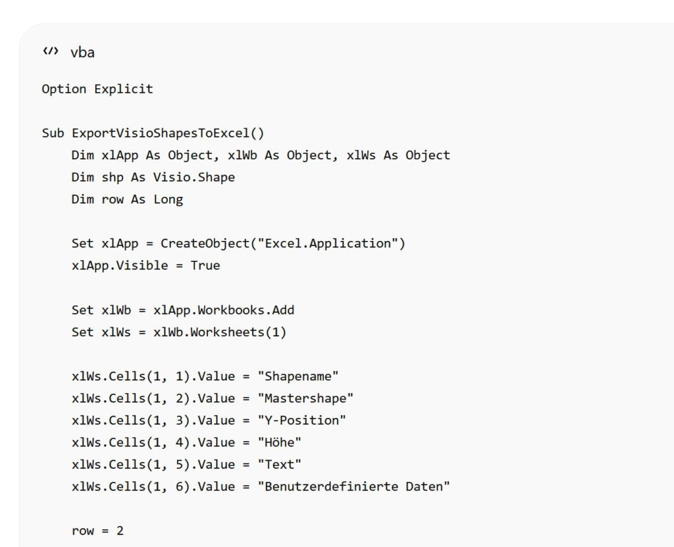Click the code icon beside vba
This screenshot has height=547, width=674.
[x=51, y=51]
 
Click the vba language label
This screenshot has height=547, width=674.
[x=82, y=53]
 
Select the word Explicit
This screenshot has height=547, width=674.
[x=123, y=89]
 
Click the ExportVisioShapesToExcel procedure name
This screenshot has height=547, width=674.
[x=161, y=134]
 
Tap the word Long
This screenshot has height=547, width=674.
[x=168, y=199]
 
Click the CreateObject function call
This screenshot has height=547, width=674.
[x=205, y=244]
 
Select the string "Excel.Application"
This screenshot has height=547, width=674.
[x=328, y=244]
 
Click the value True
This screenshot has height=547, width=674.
[x=205, y=265]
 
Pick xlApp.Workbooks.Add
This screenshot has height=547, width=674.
[x=224, y=310]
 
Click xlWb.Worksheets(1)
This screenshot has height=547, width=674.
[x=220, y=332]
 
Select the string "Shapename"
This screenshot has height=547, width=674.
[x=298, y=377]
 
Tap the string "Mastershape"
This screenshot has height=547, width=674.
[x=305, y=398]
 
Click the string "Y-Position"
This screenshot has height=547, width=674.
[x=301, y=420]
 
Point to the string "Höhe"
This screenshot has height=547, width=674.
[x=279, y=442]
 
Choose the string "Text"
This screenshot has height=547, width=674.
[x=279, y=465]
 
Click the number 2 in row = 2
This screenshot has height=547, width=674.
[x=120, y=531]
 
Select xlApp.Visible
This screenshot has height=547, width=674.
[x=120, y=265]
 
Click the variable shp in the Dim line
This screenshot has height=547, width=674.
[x=113, y=178]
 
